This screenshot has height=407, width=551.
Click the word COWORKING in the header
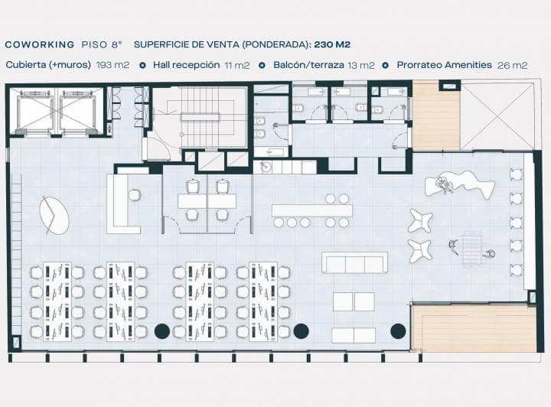pyautogui.click(x=40, y=44)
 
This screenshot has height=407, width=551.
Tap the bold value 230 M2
pyautogui.click(x=332, y=44)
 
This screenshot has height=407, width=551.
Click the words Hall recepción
pyautogui.click(x=186, y=65)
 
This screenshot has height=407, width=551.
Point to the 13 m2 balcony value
pyautogui.click(x=361, y=65)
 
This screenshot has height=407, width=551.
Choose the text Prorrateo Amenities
pyautogui.click(x=444, y=65)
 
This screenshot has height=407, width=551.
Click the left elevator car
pyautogui.click(x=34, y=112)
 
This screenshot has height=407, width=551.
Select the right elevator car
pyautogui.click(x=77, y=112)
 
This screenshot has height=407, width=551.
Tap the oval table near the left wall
pyautogui.click(x=54, y=215)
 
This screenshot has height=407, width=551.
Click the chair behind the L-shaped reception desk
pyautogui.click(x=135, y=194)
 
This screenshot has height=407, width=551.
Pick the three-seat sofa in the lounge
pyautogui.click(x=354, y=262)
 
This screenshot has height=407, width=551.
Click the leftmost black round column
pyautogui.click(x=162, y=330)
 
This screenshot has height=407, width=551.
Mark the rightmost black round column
pyautogui.click(x=398, y=330)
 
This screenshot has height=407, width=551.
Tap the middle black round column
pyautogui.click(x=302, y=330)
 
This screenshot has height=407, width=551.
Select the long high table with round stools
pyautogui.click(x=311, y=210)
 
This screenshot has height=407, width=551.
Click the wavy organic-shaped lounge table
pyautogui.click(x=460, y=184)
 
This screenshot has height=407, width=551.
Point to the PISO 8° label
pyautogui.click(x=102, y=44)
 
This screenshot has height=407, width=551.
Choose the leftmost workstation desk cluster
pyautogui.click(x=57, y=301)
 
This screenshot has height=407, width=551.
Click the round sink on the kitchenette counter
pyautogui.click(x=266, y=167)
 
